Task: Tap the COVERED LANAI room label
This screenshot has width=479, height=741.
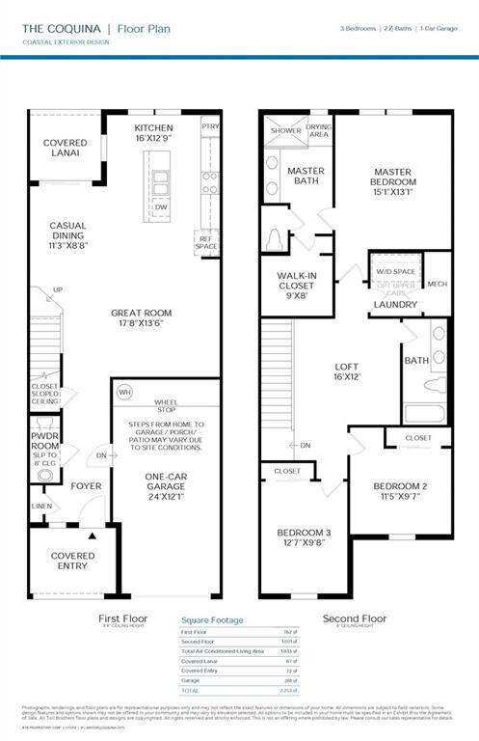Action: [x=65, y=149]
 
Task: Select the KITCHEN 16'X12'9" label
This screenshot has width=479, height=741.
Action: [x=153, y=132]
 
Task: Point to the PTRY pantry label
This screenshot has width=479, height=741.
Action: [x=209, y=126]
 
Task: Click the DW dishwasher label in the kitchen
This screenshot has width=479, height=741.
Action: [x=162, y=206]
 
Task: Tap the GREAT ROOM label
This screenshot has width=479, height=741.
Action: [x=141, y=317]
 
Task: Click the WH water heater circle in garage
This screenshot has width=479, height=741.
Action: [x=123, y=393]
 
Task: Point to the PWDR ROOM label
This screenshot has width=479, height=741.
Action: [x=44, y=438]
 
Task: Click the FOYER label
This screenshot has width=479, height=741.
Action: [x=85, y=485]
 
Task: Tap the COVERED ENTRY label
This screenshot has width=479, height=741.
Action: [x=72, y=561]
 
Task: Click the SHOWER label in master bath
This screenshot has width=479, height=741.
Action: [x=285, y=130]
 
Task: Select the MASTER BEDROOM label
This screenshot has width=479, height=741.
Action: [x=394, y=181]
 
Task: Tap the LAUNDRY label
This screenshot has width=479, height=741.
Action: [x=396, y=305]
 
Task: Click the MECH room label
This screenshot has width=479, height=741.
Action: [x=437, y=284]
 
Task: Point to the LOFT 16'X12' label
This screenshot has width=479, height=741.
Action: [x=346, y=372]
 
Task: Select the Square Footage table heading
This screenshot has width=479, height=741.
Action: [x=212, y=620]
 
